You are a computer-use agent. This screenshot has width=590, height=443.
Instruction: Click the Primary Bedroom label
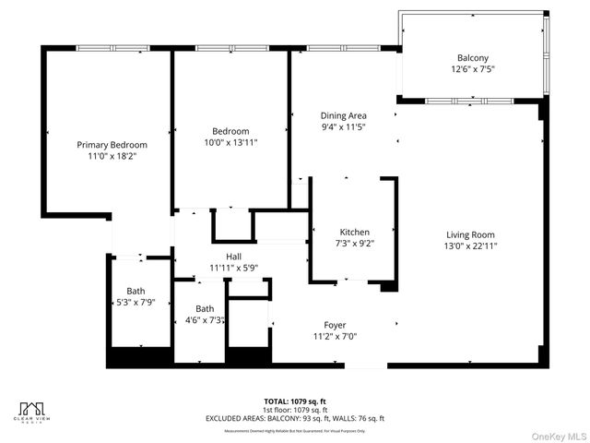tap(112, 145)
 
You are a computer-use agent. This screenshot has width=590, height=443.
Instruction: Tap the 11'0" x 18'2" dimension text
tap(112, 157)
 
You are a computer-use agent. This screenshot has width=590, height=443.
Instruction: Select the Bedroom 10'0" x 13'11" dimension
tap(230, 143)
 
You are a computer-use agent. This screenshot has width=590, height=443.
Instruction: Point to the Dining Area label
tap(344, 115)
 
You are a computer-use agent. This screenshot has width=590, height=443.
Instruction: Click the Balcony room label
tap(473, 57)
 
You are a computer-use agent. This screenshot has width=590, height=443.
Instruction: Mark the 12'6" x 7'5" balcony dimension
tap(473, 69)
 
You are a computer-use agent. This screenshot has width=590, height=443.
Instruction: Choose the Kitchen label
tap(355, 232)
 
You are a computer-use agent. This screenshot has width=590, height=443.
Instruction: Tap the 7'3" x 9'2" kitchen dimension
tap(355, 244)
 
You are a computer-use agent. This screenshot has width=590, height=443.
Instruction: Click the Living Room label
tap(470, 234)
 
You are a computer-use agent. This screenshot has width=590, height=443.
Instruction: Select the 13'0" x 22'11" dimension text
tap(470, 246)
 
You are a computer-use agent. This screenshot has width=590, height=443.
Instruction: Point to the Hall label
tap(234, 256)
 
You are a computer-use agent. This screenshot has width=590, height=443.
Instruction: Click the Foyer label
tap(335, 325)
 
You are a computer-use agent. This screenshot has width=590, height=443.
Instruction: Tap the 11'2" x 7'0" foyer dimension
tap(335, 337)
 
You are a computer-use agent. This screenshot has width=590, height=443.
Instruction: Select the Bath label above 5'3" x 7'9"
tap(136, 290)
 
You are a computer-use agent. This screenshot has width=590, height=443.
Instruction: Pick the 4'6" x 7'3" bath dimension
tap(205, 320)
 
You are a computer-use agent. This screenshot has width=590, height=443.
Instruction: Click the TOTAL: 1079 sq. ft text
tap(295, 401)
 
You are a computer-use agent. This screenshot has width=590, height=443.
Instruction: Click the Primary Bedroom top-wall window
tap(107, 48)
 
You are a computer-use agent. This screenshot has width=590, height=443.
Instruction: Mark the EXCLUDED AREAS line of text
tap(295, 418)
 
